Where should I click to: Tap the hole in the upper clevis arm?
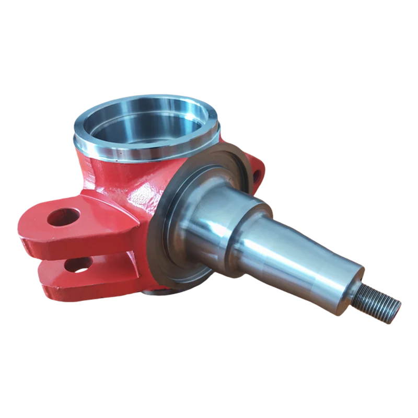pyautogui.click(x=64, y=216)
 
